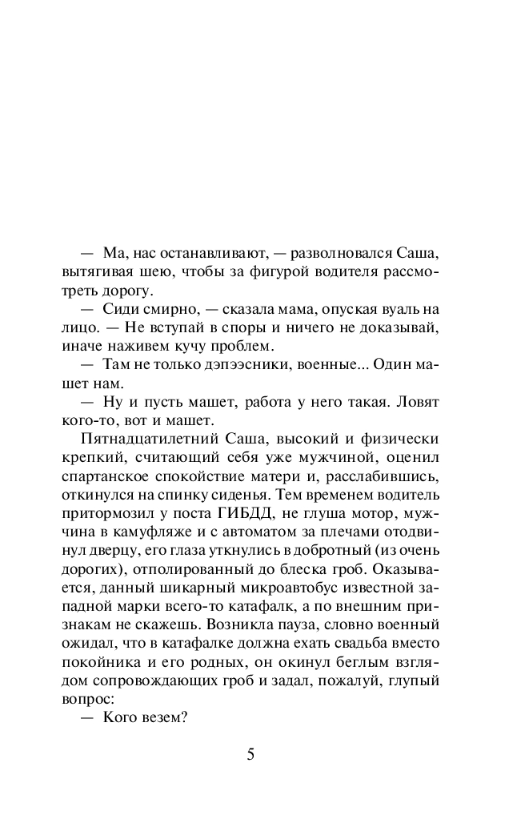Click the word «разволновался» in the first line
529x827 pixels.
341,254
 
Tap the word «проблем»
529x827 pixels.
246,346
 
